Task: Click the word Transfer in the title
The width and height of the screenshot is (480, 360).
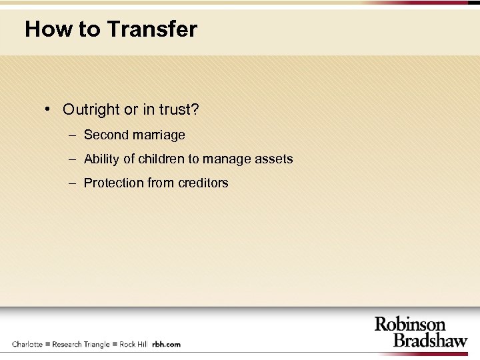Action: tap(151, 29)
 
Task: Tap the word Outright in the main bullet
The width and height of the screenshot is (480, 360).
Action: tap(89, 109)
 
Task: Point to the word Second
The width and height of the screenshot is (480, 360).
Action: tap(105, 135)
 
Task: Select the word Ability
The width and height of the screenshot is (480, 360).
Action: tap(102, 159)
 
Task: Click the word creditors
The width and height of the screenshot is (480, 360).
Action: tap(202, 183)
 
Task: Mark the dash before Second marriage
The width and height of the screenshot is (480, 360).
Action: tap(72, 135)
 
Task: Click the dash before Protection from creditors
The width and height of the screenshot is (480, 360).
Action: tap(72, 183)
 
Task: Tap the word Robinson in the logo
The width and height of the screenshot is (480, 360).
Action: tap(409, 325)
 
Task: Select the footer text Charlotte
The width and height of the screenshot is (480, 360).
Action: tap(27, 344)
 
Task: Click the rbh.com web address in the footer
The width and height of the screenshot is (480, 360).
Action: tap(166, 344)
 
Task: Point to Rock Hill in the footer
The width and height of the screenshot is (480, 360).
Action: tap(133, 344)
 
